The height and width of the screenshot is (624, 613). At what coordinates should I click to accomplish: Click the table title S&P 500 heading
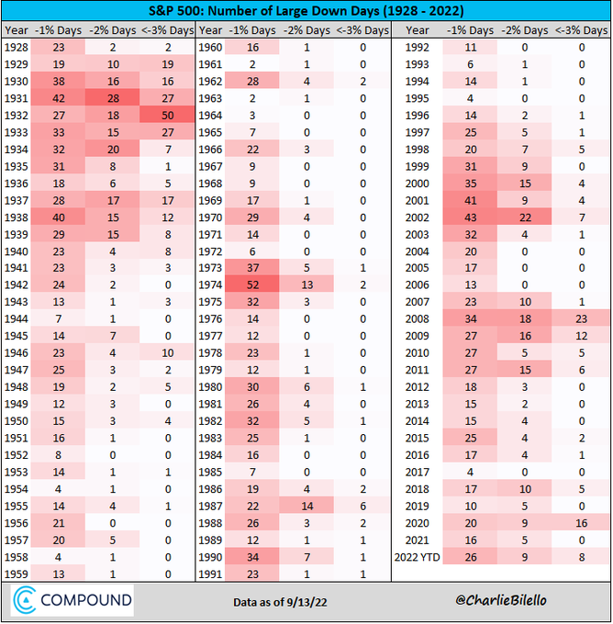306,12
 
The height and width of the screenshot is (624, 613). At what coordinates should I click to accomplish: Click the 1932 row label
17,116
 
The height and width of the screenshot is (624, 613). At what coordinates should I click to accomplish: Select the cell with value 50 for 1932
167,116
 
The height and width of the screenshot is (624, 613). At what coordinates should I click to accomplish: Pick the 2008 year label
418,318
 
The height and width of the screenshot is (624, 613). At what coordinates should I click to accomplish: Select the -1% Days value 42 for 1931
58,99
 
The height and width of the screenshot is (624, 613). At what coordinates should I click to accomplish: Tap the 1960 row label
212,48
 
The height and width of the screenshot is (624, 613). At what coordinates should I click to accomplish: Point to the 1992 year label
418,48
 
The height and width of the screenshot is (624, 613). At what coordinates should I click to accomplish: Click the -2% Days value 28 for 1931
113,99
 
